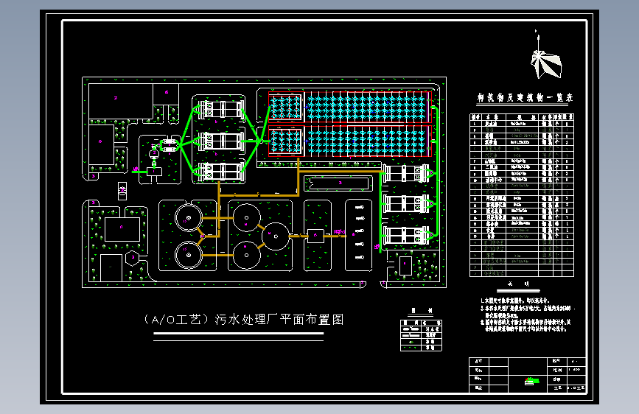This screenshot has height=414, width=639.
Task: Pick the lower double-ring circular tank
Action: (x=189, y=255)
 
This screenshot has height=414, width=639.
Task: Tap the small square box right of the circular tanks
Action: (x=315, y=235)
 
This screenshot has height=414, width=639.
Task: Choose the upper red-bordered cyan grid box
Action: (x=284, y=107)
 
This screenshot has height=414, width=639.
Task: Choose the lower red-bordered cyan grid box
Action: (x=284, y=141)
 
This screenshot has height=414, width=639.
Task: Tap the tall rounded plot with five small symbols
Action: (x=359, y=235)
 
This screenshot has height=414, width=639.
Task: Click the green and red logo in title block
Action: (x=530, y=380)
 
